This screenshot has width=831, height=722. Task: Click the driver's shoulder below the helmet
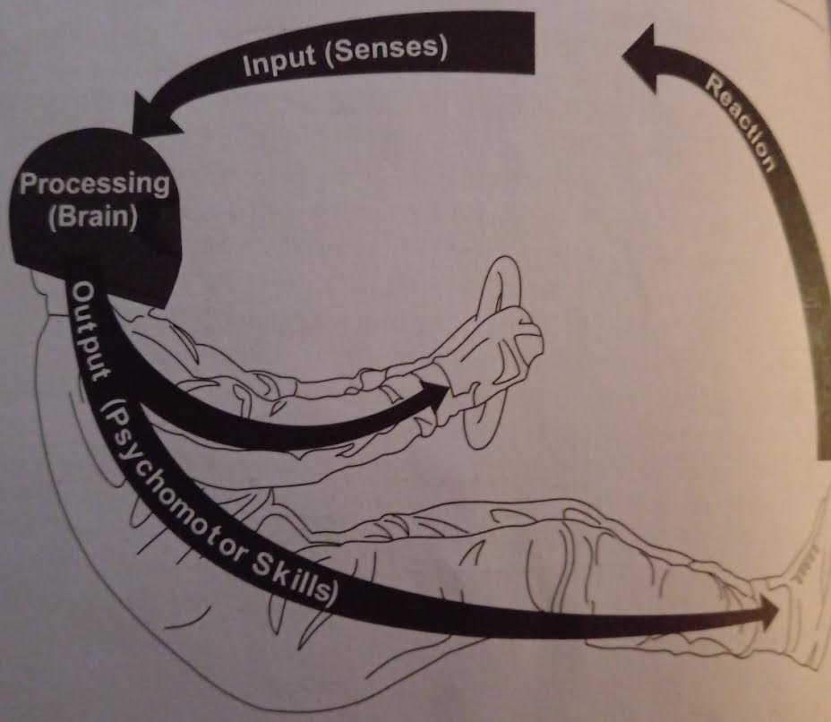point(63,322)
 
